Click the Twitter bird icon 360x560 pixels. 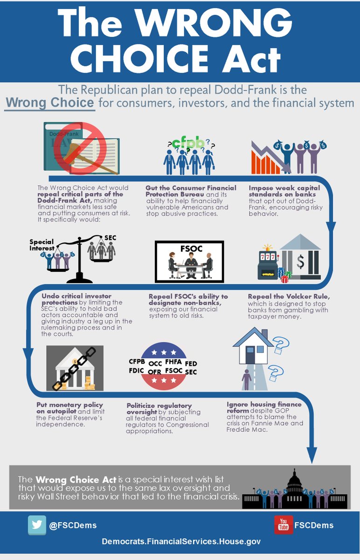(x=37, y=525)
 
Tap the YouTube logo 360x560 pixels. (x=284, y=525)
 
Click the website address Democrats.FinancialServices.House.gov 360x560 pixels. (x=181, y=541)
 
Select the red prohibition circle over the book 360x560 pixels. (x=80, y=148)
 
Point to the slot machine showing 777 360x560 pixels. (x=268, y=262)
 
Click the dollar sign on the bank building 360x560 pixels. (x=300, y=261)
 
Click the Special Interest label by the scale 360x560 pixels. (x=42, y=245)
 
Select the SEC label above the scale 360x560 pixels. (x=110, y=238)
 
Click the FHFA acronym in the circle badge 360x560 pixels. (x=173, y=362)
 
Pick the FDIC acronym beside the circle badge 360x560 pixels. (x=137, y=371)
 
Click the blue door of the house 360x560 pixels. (x=250, y=355)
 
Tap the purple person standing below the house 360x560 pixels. (x=247, y=380)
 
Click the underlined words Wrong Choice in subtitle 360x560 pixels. (x=50, y=103)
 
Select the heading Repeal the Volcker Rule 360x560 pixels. (x=289, y=296)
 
